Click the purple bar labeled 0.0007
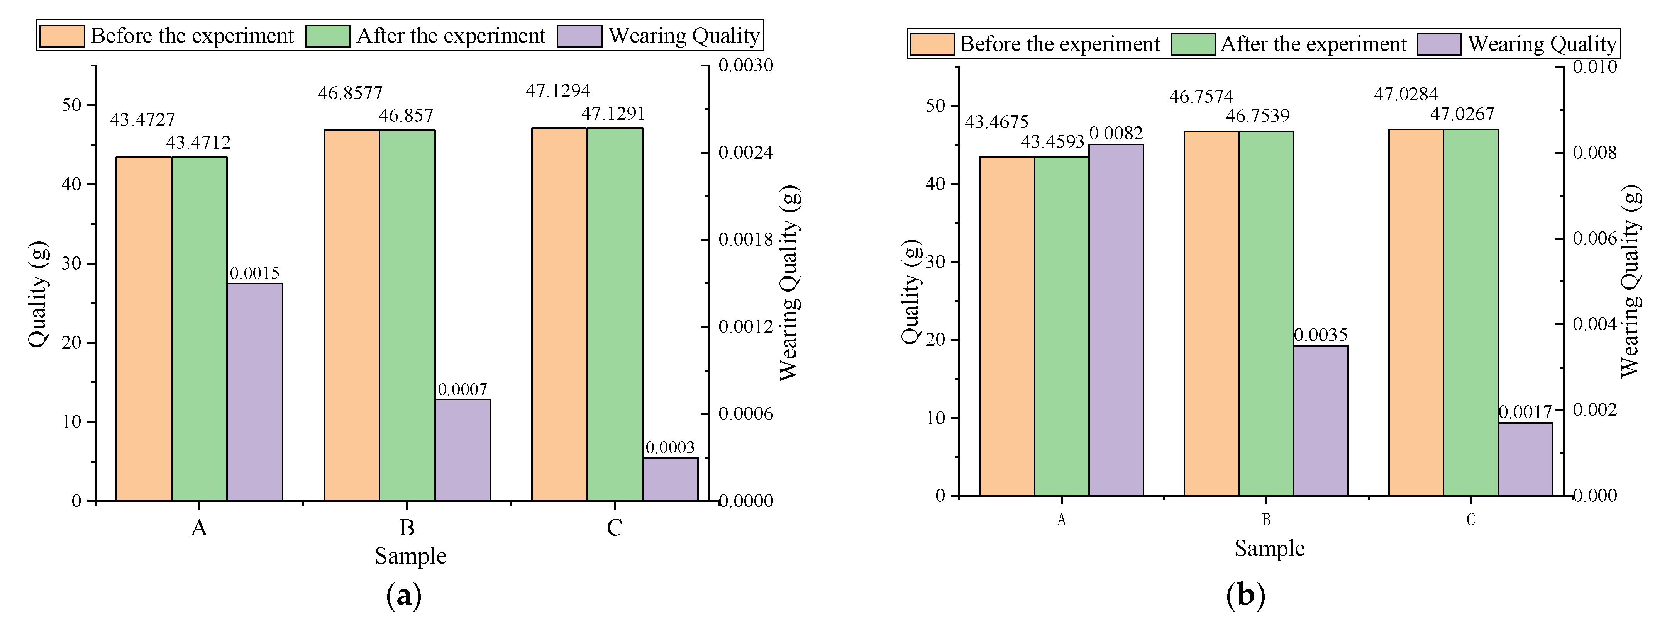(x=462, y=450)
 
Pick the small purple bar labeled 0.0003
(x=670, y=479)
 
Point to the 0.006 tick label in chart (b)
(x=1594, y=239)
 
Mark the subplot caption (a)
(x=404, y=595)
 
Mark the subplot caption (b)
(x=1245, y=595)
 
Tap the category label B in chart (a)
(x=407, y=528)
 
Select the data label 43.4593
(x=1052, y=141)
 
